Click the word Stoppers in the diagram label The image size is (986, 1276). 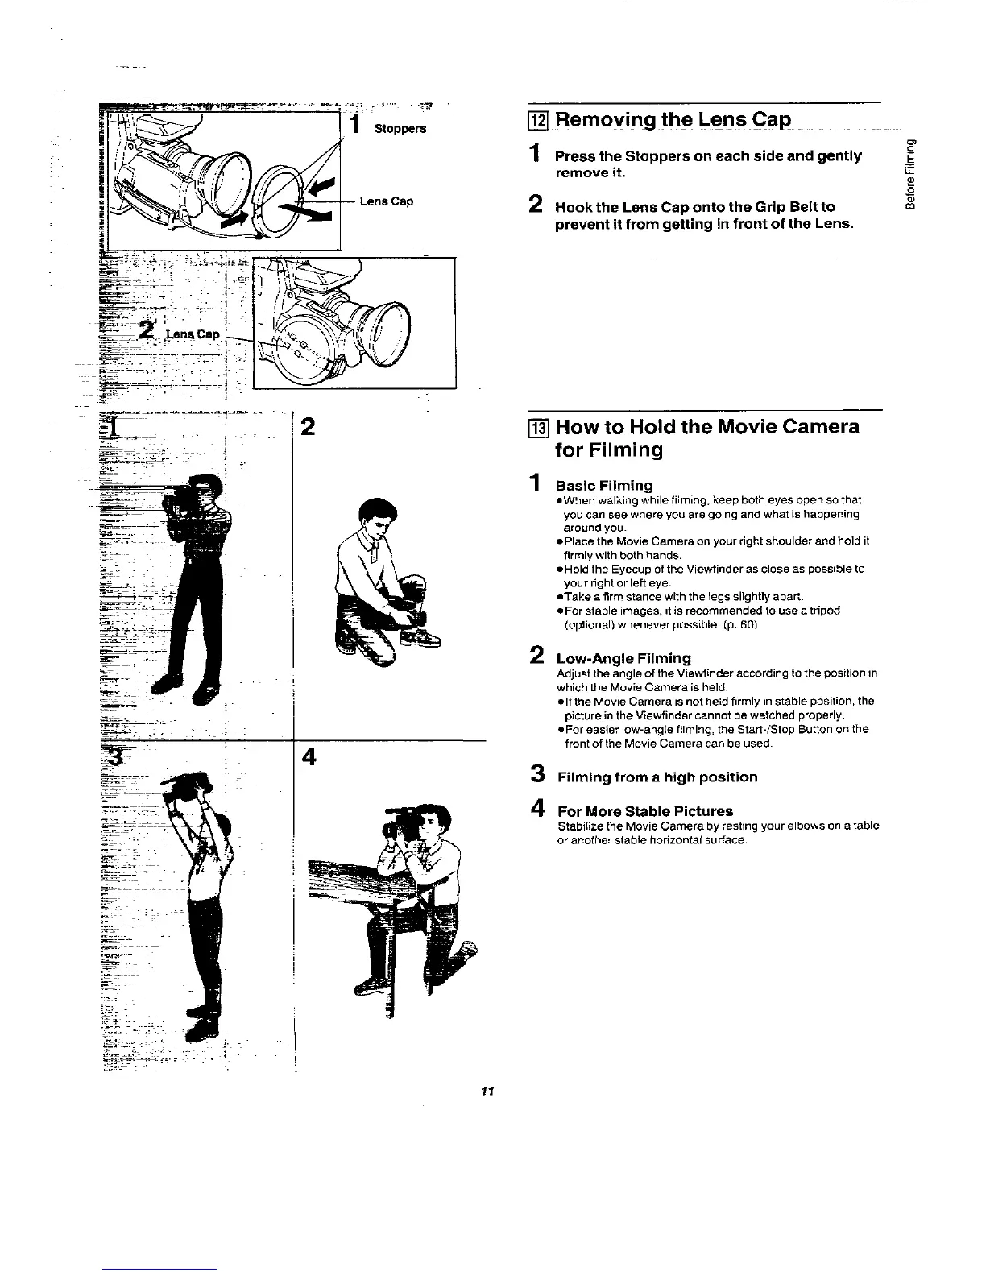tap(400, 129)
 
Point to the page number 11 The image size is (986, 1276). tap(486, 1091)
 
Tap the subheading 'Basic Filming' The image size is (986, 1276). tap(604, 485)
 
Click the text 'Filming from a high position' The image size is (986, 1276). tap(657, 777)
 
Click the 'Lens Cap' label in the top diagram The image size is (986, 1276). tap(387, 201)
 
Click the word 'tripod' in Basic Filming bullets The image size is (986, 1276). tap(823, 611)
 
